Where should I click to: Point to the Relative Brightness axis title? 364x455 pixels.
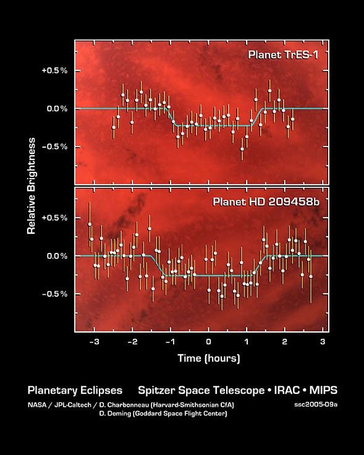[x=31, y=185]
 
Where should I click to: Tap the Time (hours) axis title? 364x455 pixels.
[x=208, y=358]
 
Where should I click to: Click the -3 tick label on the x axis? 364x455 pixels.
[x=93, y=342]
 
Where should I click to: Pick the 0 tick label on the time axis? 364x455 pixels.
[x=208, y=342]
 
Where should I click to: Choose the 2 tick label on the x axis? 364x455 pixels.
[x=284, y=342]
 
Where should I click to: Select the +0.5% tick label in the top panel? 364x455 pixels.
[x=54, y=70]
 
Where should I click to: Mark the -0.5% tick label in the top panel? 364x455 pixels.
[x=54, y=147]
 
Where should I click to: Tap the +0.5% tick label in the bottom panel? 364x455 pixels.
[x=54, y=218]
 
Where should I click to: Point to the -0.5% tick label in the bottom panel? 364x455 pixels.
[x=54, y=294]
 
